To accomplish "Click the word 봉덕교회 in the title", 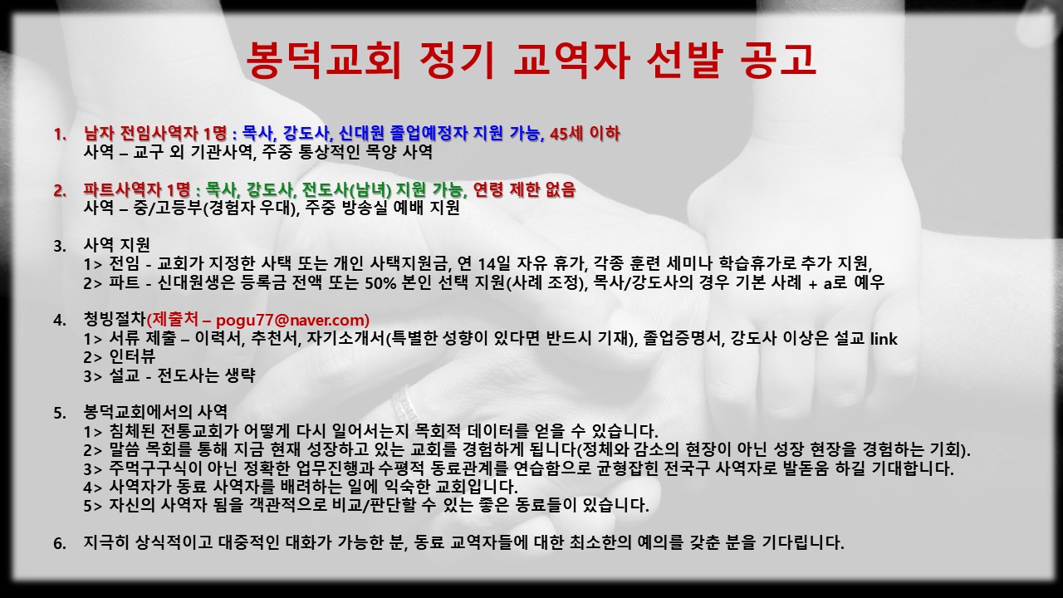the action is tap(324, 61).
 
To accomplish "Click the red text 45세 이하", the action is tap(585, 134).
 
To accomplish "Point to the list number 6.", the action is tap(59, 543).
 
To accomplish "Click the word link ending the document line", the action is tap(884, 339).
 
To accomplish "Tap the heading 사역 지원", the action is tap(117, 245).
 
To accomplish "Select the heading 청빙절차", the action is tap(115, 319).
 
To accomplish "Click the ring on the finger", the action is tap(404, 404).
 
